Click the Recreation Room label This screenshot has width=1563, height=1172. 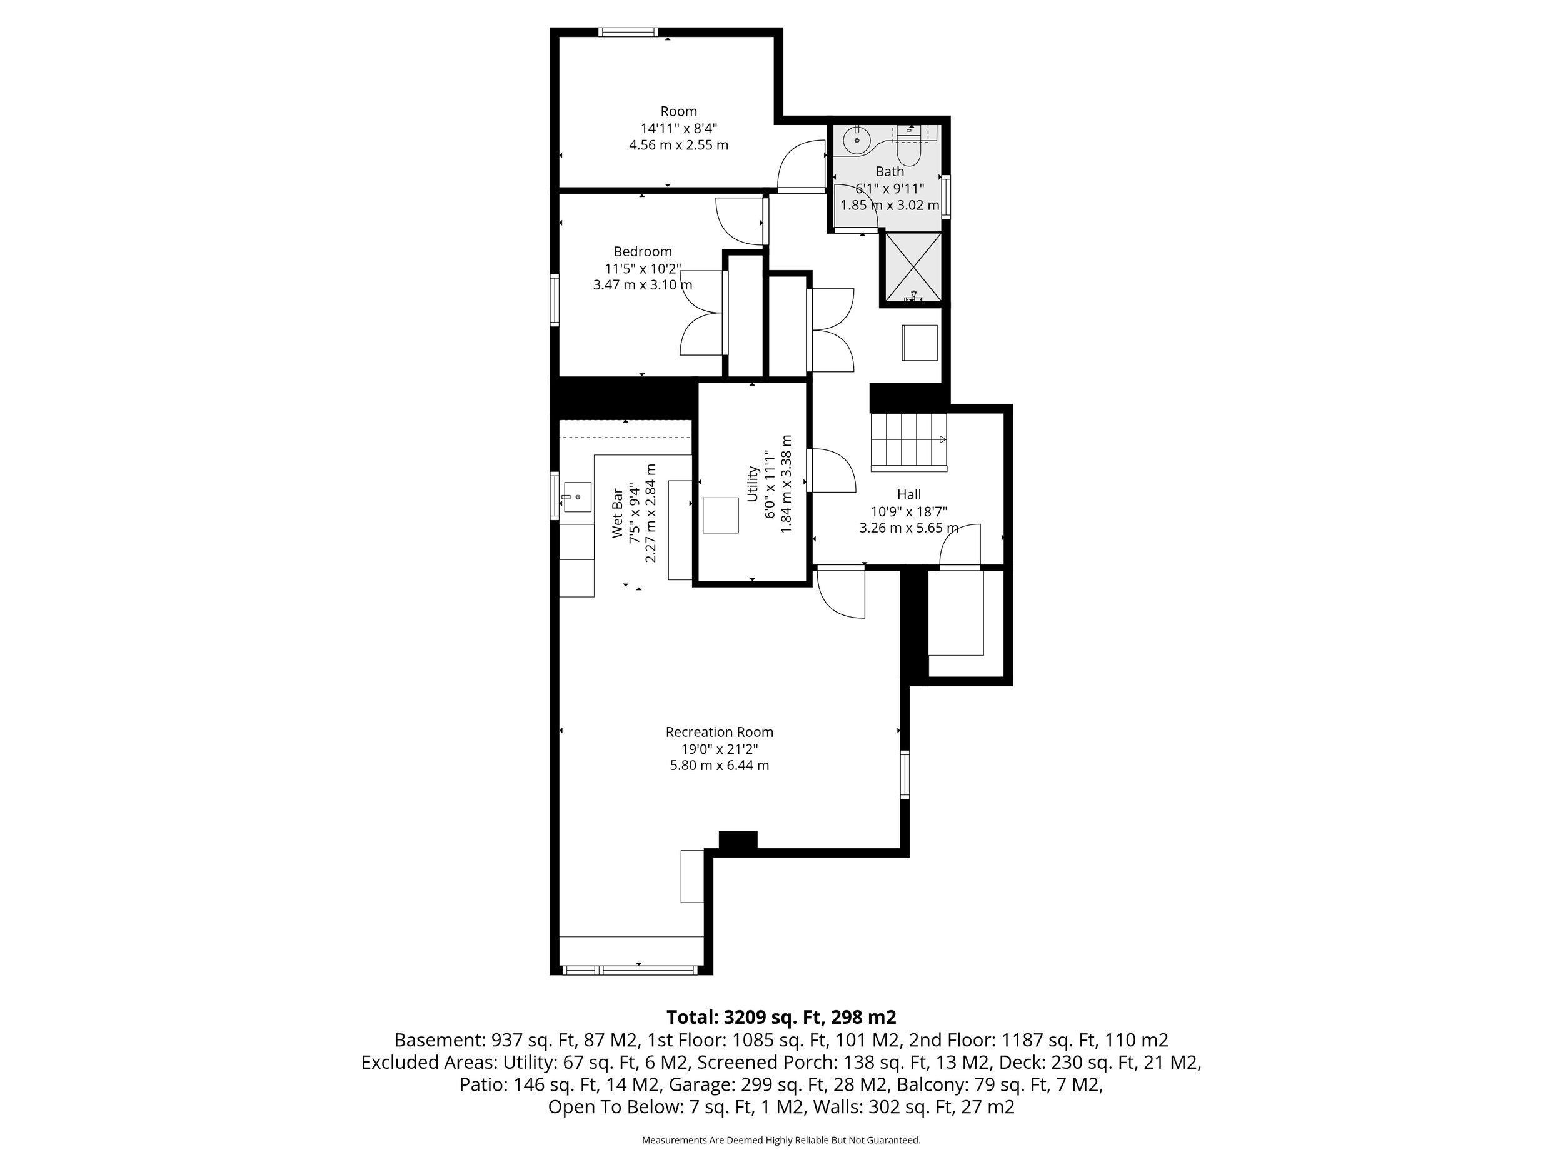pos(720,733)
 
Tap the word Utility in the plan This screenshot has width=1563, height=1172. pos(753,483)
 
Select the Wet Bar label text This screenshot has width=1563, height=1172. pos(618,513)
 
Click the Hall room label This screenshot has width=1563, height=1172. pos(908,494)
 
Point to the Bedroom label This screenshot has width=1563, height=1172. pos(642,251)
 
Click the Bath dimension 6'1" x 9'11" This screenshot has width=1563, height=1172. pos(890,189)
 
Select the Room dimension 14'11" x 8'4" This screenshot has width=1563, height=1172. pos(678,129)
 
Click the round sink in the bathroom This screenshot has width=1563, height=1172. pos(857,140)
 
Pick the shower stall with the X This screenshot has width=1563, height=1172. pos(913,268)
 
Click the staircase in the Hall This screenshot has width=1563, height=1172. pos(908,441)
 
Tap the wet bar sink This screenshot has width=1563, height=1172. pos(577,498)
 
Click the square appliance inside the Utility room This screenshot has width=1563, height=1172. pos(720,515)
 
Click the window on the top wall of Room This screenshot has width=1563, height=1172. pos(628,32)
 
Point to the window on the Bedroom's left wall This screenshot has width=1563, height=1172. pos(555,299)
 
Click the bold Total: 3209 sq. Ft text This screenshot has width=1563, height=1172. pos(781,1017)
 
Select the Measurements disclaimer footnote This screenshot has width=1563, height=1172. pos(781,1140)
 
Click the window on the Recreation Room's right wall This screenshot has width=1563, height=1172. pos(905,775)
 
